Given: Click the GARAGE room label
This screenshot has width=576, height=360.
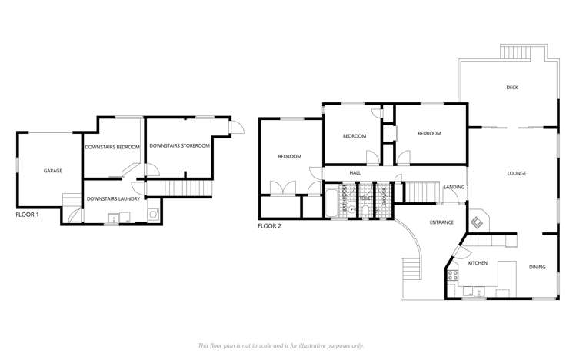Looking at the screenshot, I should [53, 171].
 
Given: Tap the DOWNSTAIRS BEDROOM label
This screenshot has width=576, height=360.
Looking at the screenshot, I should [112, 146].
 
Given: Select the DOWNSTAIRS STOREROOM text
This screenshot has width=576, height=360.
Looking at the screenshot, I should [179, 145].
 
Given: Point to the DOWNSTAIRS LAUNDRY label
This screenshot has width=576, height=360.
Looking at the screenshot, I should [112, 199].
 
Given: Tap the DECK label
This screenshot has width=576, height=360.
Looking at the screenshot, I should [512, 88].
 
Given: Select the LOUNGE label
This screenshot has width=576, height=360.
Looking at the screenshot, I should [516, 174].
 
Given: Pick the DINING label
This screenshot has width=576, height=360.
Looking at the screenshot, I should [537, 268].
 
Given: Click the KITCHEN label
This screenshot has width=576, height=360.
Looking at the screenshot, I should [478, 263].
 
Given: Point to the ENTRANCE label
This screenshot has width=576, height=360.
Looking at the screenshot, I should [441, 223].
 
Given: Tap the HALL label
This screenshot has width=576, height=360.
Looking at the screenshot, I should [355, 173].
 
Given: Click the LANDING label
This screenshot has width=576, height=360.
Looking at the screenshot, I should [454, 187].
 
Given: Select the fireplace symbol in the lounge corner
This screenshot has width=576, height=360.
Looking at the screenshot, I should [477, 222].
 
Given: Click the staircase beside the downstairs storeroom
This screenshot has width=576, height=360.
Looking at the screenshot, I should [178, 188].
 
